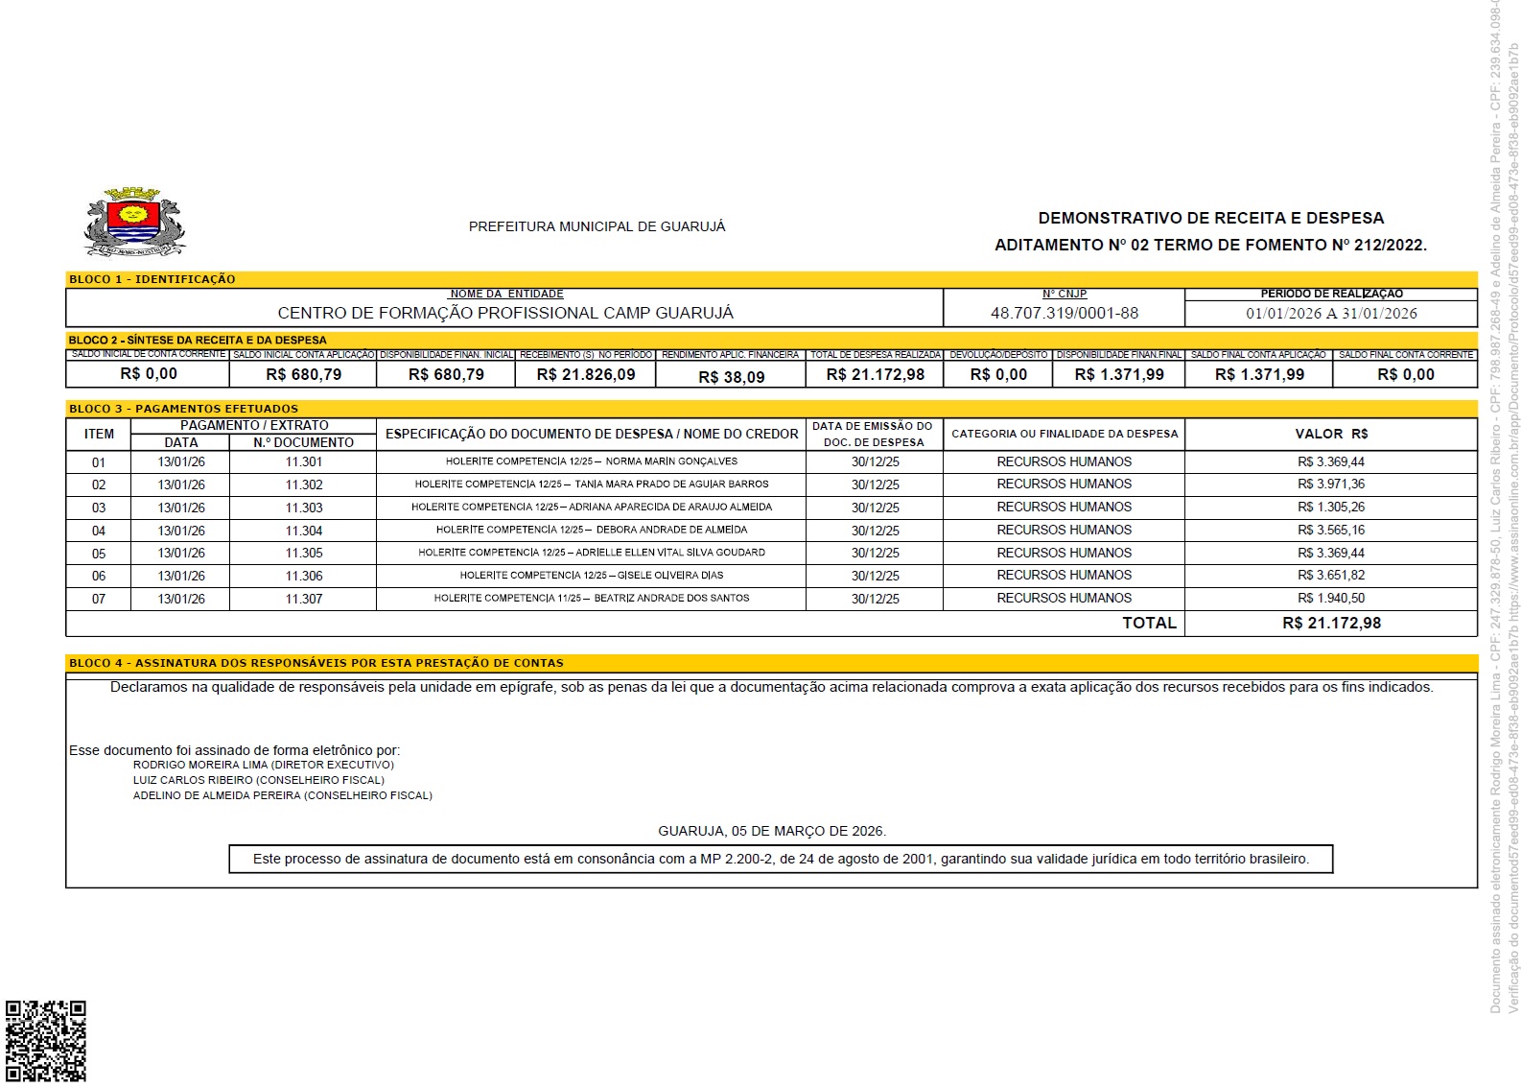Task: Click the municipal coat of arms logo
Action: (134, 223)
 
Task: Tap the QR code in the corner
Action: (46, 1041)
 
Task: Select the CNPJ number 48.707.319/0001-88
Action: (1065, 313)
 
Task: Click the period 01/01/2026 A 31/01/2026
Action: (1331, 313)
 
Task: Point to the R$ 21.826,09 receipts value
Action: (586, 374)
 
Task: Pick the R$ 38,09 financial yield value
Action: (732, 377)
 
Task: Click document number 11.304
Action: (304, 531)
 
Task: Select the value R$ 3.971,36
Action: (1331, 484)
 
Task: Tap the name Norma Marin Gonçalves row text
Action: (592, 461)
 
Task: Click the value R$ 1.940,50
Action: (1331, 599)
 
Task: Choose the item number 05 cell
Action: (99, 554)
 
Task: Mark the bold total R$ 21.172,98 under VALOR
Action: (1331, 623)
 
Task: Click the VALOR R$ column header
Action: (1331, 434)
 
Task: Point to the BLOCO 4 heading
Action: (316, 663)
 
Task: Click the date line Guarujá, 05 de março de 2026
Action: (772, 831)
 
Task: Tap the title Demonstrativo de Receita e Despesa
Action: (1211, 218)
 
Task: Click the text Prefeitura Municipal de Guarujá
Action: (597, 226)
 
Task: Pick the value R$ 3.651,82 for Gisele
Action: (1331, 576)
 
